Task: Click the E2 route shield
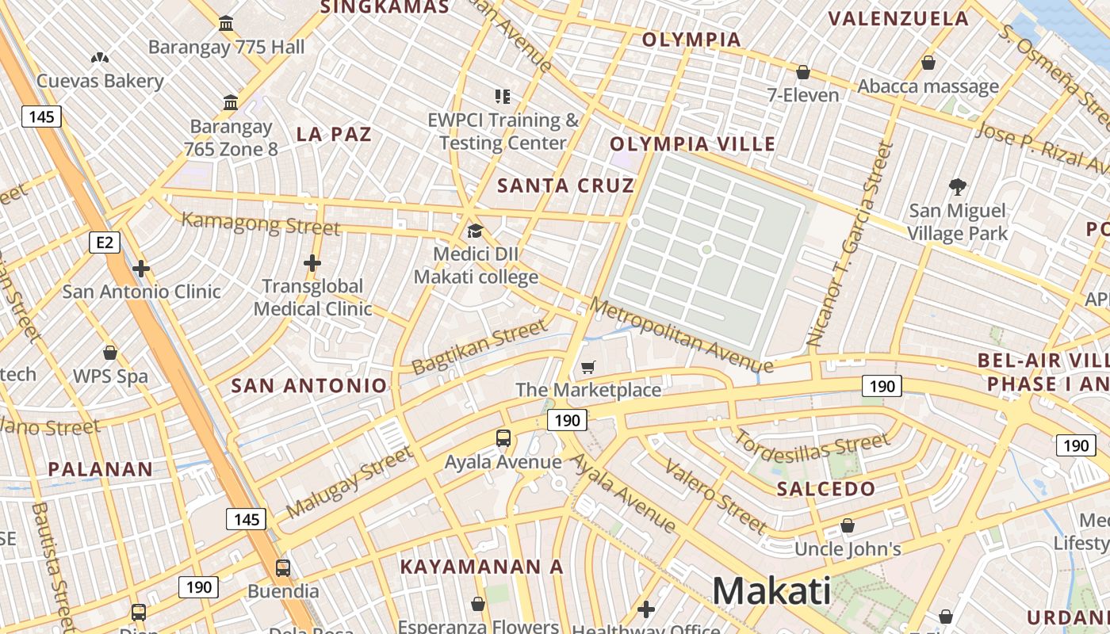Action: tap(105, 242)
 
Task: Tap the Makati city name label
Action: tap(771, 591)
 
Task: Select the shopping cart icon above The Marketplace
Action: tap(588, 367)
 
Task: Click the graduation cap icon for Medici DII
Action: tap(475, 231)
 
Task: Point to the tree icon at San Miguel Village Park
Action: tap(958, 187)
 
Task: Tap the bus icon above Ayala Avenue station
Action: tap(503, 437)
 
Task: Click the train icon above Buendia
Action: tap(283, 567)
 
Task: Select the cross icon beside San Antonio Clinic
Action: tap(141, 269)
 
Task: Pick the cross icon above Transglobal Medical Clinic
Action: tap(312, 263)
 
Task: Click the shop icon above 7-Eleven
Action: tap(803, 72)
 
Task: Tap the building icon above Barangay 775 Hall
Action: tap(226, 23)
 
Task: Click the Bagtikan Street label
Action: tap(480, 347)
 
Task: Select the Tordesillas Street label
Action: tap(812, 447)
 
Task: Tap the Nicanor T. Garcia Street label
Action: tap(850, 244)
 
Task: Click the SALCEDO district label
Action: tap(825, 489)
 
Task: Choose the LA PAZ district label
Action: tap(334, 134)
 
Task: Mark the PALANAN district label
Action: tap(100, 469)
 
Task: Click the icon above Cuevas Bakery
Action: tap(100, 58)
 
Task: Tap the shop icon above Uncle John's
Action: tap(848, 525)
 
